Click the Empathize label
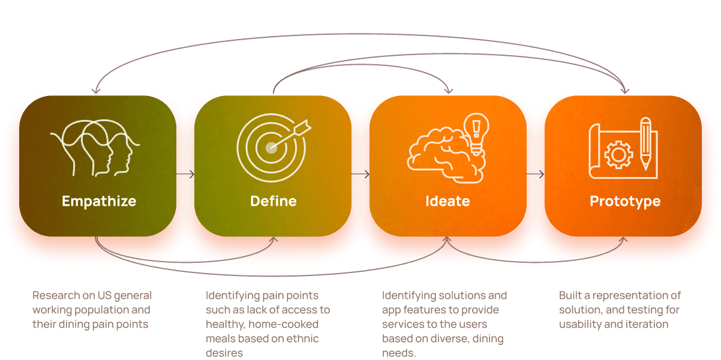(99, 201)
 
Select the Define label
(274, 201)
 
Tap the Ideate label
(447, 201)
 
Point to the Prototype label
(625, 202)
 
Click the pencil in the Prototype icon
(645, 144)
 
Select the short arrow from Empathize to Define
(185, 175)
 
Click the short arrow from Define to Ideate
(360, 175)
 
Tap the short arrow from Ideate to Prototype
(535, 175)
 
